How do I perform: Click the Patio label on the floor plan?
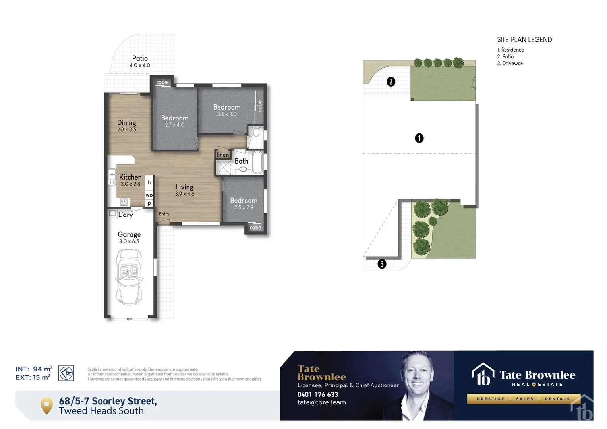[140, 58]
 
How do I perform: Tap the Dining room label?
[126, 123]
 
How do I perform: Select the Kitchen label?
[130, 177]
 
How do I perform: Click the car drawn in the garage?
[129, 277]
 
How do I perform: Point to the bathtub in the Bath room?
[257, 162]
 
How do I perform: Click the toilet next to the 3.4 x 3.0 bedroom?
[256, 132]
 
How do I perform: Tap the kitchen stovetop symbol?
[124, 202]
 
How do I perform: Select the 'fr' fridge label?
[149, 182]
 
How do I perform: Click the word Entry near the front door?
[164, 214]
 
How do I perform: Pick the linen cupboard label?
[223, 155]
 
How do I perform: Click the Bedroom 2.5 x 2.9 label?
[244, 201]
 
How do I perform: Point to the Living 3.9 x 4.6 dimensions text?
[185, 194]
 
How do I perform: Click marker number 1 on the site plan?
[419, 138]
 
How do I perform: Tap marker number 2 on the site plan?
[391, 82]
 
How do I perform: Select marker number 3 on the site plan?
[382, 264]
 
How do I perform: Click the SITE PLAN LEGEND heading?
[524, 40]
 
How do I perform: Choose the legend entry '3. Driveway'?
[510, 63]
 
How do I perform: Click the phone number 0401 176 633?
[317, 394]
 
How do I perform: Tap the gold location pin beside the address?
[47, 406]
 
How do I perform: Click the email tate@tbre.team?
[321, 402]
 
